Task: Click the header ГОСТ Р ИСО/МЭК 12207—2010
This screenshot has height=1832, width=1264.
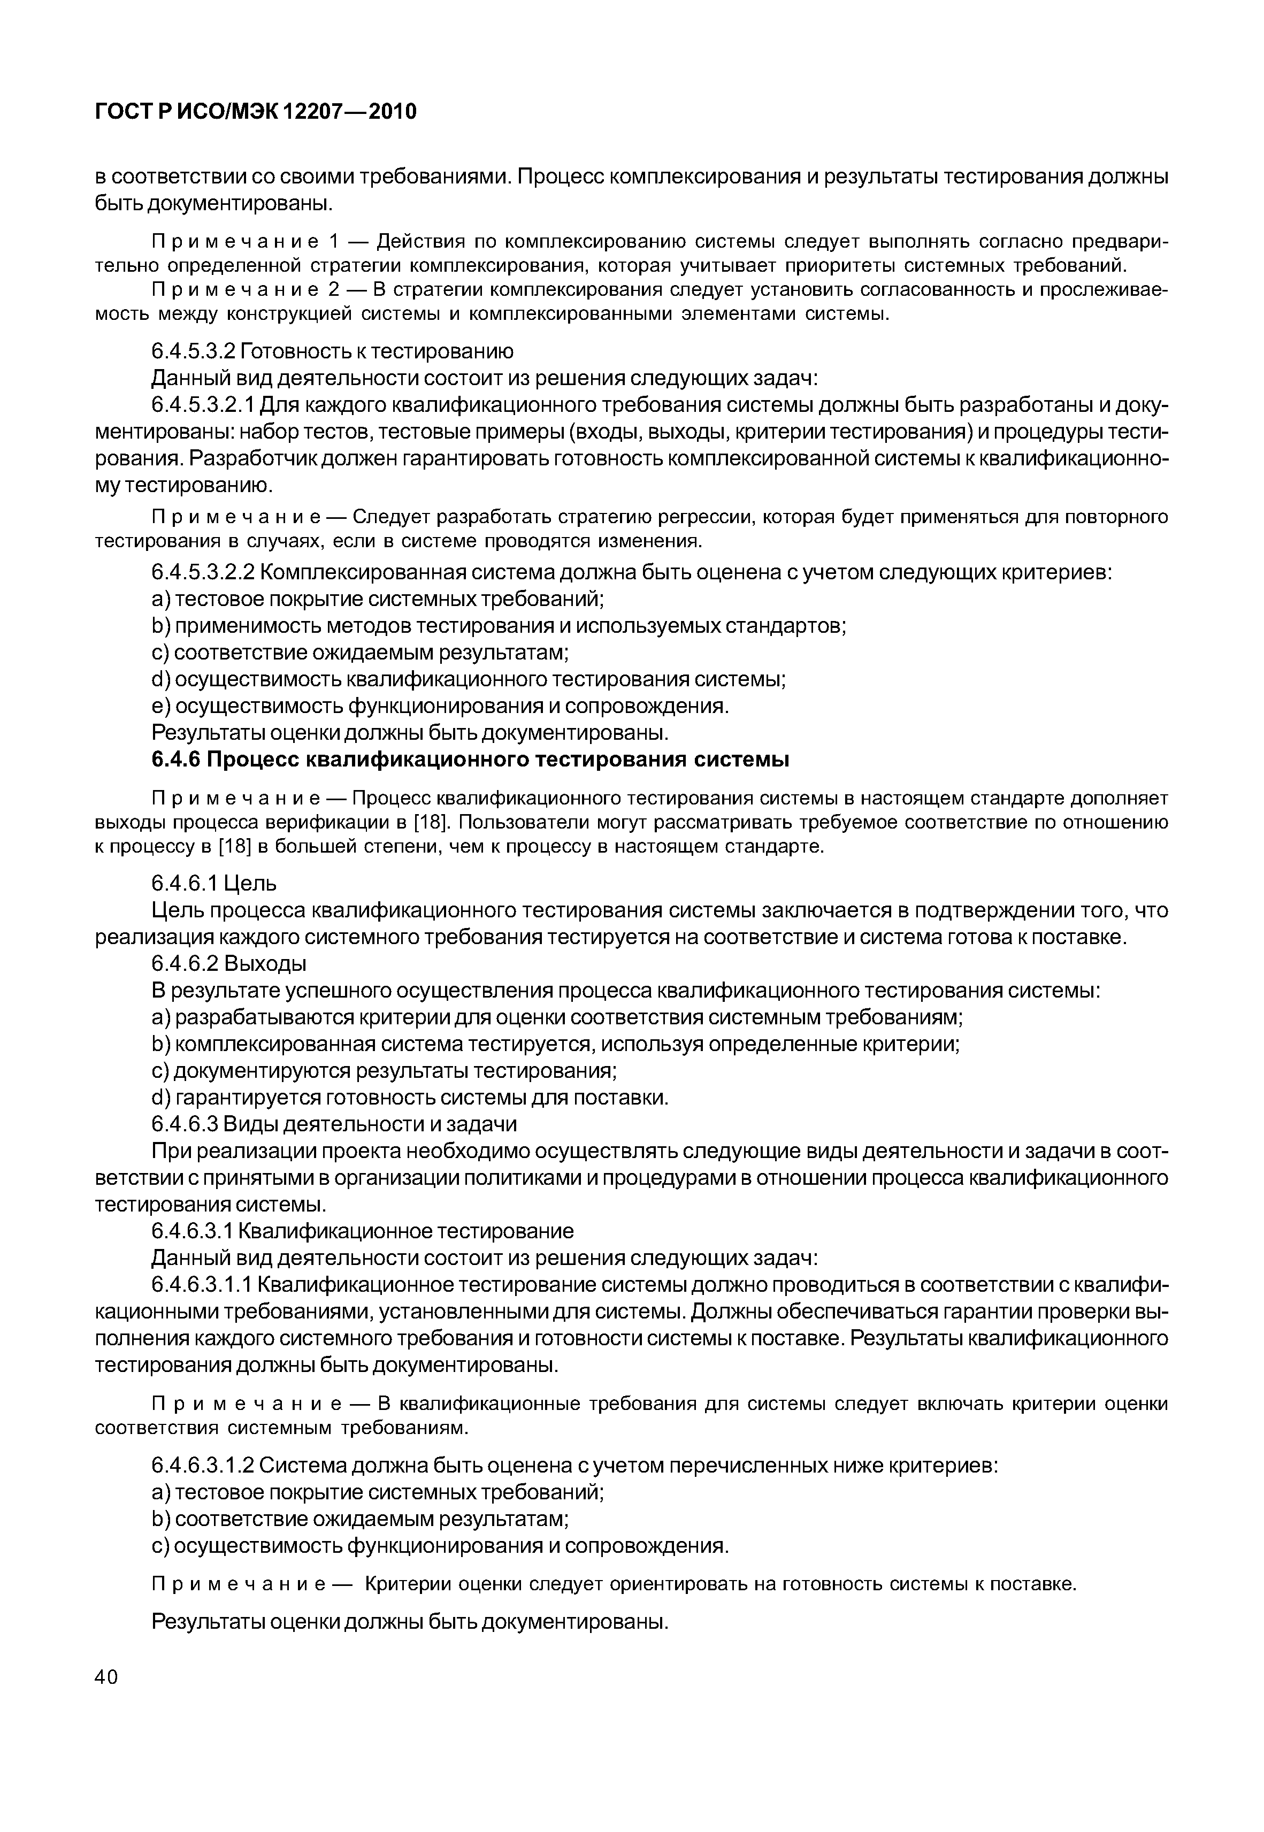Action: [x=255, y=112]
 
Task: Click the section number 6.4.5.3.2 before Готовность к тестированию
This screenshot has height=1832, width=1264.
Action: [x=193, y=351]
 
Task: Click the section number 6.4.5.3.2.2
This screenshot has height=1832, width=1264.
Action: [x=203, y=572]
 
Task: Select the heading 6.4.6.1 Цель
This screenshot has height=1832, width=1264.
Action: [x=214, y=882]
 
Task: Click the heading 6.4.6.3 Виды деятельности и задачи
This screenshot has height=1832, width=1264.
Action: [x=333, y=1124]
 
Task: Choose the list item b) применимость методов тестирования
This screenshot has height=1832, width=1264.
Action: [x=499, y=626]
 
